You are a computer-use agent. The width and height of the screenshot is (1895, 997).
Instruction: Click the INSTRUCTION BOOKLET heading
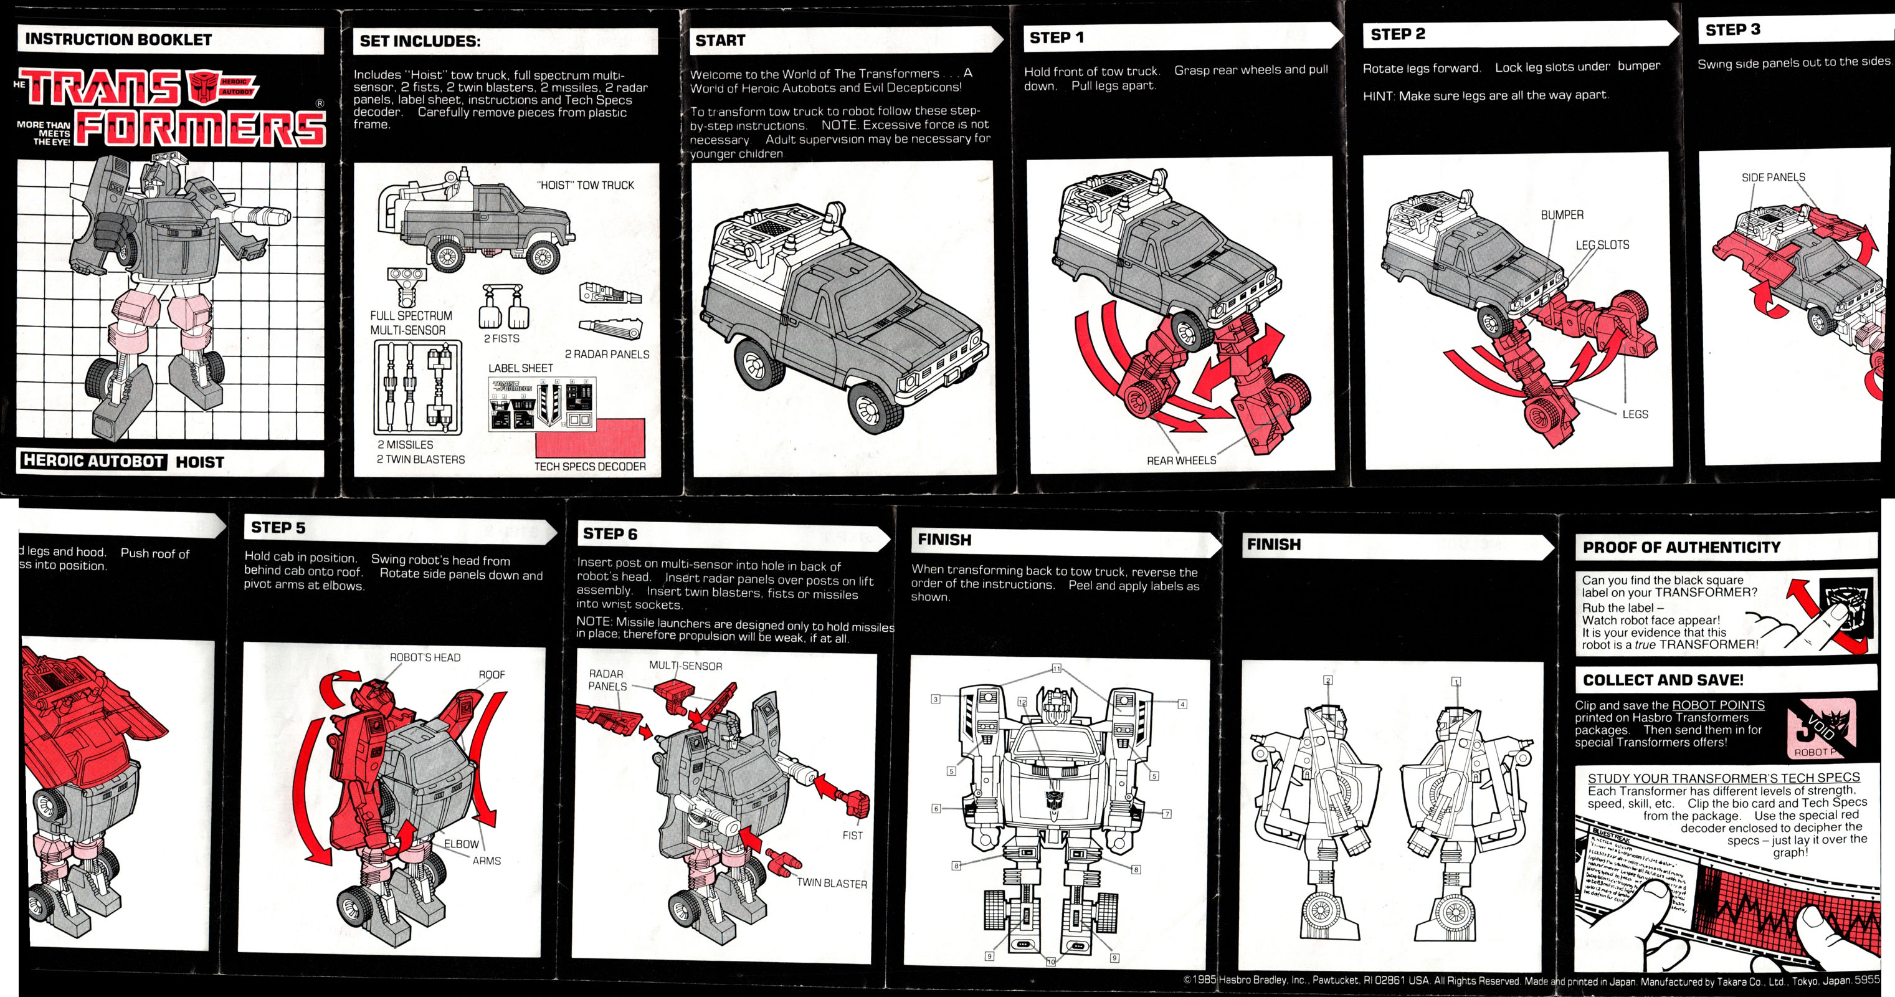click(x=118, y=40)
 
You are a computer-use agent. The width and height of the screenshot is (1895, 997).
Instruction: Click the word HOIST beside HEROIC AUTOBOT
click(x=199, y=462)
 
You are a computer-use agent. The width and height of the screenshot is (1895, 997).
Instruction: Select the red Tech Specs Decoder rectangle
click(x=590, y=438)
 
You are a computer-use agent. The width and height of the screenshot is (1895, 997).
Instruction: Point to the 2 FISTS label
click(x=501, y=338)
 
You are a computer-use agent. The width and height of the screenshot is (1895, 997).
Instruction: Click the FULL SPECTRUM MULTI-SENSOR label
click(x=411, y=323)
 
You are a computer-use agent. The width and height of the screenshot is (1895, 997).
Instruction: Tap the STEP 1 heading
click(x=1056, y=37)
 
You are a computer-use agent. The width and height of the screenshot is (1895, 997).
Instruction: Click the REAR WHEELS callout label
click(x=1180, y=460)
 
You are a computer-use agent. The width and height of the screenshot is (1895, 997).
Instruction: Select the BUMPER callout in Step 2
click(x=1562, y=215)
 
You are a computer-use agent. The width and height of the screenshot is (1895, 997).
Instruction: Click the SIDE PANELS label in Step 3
click(x=1773, y=178)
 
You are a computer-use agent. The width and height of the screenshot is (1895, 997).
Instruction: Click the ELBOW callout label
click(x=460, y=844)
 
